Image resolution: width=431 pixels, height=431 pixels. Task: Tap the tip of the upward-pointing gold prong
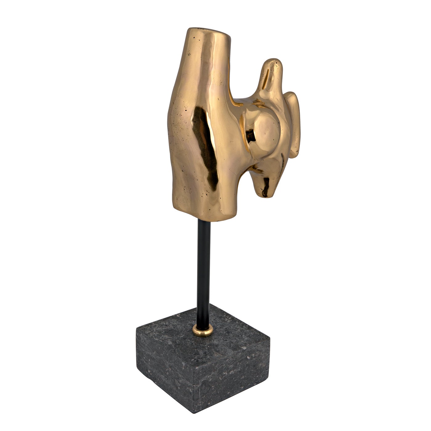click(x=275, y=62)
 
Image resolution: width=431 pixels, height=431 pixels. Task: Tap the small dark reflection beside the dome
click(x=252, y=135)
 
